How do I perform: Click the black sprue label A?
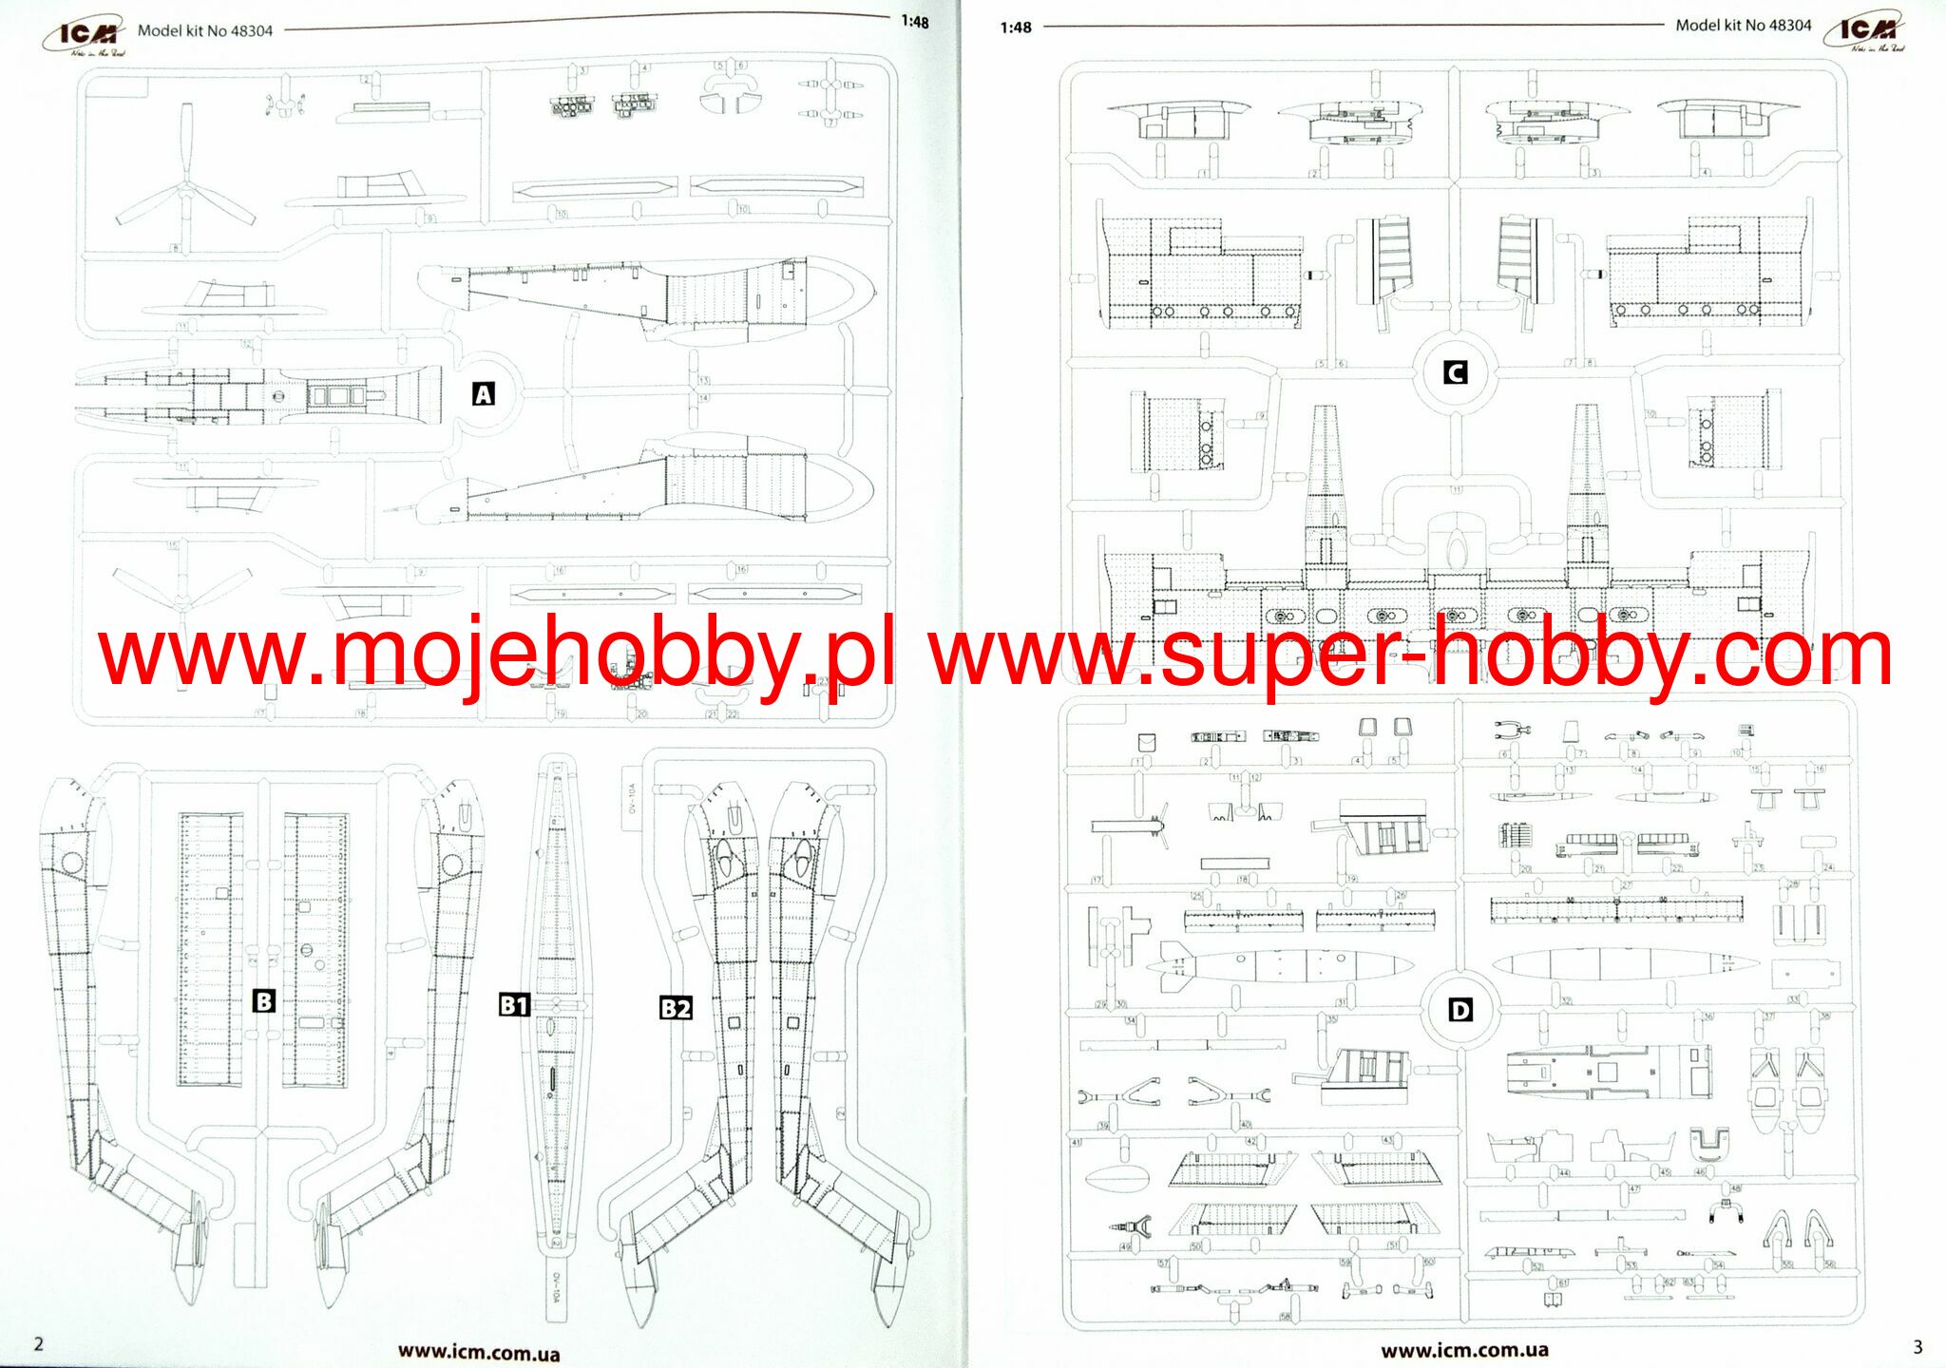click(483, 394)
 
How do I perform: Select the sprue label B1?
click(514, 1005)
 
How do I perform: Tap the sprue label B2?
click(676, 1008)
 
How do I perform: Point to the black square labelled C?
click(1455, 372)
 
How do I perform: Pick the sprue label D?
click(1460, 1010)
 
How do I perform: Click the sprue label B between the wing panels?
click(263, 1000)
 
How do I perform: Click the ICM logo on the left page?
click(86, 36)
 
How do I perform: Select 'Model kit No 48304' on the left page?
click(204, 30)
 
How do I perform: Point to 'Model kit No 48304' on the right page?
click(1743, 26)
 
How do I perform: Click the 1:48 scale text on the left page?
click(914, 22)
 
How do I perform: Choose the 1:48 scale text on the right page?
click(1015, 28)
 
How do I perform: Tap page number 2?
click(39, 1343)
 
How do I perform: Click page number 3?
click(1917, 1347)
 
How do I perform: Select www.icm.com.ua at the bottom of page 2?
click(478, 1352)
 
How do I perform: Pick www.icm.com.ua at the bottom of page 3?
click(1464, 1350)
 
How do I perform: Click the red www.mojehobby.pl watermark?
click(496, 654)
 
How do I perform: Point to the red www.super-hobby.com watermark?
click(1411, 654)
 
